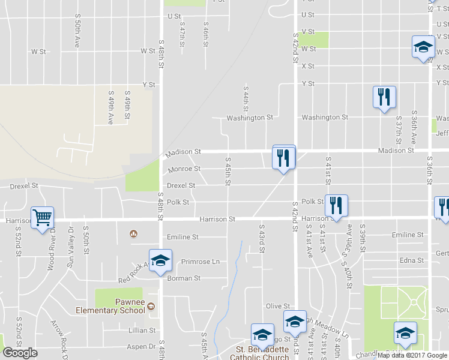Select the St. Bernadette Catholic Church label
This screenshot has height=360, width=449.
pyautogui.click(x=260, y=353)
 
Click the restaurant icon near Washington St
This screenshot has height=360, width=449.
pyautogui.click(x=384, y=97)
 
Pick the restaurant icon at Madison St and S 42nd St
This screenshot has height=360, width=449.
pyautogui.click(x=284, y=158)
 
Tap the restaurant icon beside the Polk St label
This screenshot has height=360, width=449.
pyautogui.click(x=337, y=205)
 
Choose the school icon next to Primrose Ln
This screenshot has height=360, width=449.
pyautogui.click(x=160, y=260)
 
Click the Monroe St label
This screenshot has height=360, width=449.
pyautogui.click(x=184, y=169)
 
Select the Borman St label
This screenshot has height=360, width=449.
pyautogui.click(x=184, y=278)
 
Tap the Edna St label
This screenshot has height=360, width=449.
pyautogui.click(x=412, y=260)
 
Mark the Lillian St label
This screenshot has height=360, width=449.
pyautogui.click(x=142, y=330)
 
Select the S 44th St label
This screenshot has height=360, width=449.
pyautogui.click(x=246, y=98)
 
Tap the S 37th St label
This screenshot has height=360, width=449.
pyautogui.click(x=398, y=122)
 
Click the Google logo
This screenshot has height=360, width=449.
pyautogui.click(x=20, y=353)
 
